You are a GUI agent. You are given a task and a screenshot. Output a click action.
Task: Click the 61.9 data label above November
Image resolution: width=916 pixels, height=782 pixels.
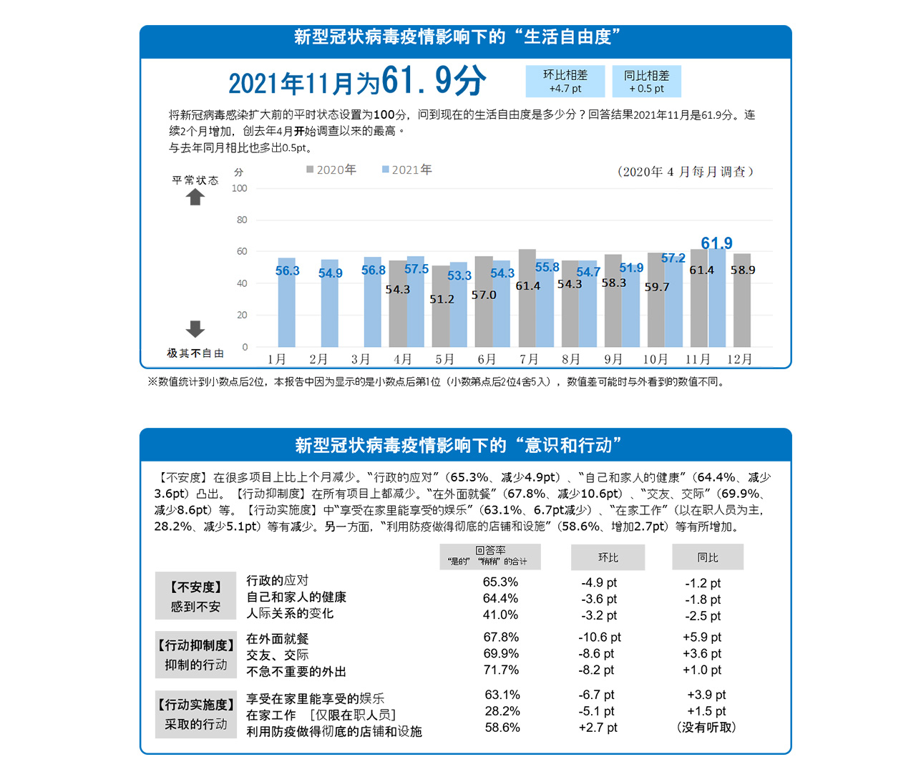pyautogui.click(x=716, y=243)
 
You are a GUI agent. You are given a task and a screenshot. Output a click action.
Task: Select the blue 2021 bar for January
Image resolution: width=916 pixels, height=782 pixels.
pyautogui.click(x=286, y=304)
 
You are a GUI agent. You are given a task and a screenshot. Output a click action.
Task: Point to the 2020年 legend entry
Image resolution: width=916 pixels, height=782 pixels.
pyautogui.click(x=331, y=170)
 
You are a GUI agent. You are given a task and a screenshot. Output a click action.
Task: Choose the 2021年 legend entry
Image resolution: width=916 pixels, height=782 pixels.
pyautogui.click(x=407, y=170)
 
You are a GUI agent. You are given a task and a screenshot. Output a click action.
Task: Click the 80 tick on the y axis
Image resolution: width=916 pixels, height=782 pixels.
pyautogui.click(x=242, y=220)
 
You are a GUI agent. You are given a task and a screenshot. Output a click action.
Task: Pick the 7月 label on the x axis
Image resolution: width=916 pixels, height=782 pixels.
pyautogui.click(x=529, y=359)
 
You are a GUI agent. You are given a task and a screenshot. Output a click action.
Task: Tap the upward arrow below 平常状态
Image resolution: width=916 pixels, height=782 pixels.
pyautogui.click(x=195, y=197)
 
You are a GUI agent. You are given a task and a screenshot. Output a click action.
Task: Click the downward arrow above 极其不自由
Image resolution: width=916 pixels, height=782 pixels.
pyautogui.click(x=195, y=329)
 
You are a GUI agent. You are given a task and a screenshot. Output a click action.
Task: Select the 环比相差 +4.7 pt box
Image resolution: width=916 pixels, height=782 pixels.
pyautogui.click(x=565, y=82)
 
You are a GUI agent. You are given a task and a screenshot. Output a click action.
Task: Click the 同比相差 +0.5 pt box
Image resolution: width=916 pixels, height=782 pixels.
pyautogui.click(x=646, y=82)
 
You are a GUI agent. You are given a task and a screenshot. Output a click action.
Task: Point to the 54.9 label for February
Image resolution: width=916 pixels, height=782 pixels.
pyautogui.click(x=331, y=273)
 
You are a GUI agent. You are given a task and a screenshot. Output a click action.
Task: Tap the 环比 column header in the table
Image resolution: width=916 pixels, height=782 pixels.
pyautogui.click(x=608, y=557)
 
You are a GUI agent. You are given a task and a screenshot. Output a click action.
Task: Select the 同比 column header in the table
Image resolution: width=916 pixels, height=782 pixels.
pyautogui.click(x=708, y=557)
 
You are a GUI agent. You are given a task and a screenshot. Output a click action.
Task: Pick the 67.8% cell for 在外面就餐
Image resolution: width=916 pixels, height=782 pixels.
pyautogui.click(x=500, y=637)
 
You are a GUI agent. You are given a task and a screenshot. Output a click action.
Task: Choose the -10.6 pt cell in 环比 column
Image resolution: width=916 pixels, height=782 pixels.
pyautogui.click(x=600, y=637)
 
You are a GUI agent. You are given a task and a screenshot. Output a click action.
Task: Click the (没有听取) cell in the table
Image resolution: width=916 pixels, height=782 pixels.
pyautogui.click(x=706, y=728)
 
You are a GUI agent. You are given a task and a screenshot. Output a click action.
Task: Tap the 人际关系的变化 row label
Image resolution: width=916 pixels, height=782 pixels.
pyautogui.click(x=290, y=614)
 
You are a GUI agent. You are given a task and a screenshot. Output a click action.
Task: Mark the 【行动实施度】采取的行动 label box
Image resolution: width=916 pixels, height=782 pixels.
pyautogui.click(x=195, y=714)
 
